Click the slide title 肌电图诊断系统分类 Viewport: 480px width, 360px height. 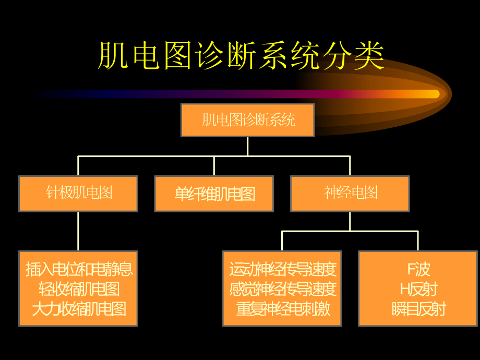(x=241, y=56)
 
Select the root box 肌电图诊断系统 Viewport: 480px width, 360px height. (x=248, y=121)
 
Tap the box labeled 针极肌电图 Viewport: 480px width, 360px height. (x=79, y=193)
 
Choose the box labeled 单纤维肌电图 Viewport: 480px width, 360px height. (x=214, y=194)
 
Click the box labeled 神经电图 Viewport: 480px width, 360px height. (x=350, y=193)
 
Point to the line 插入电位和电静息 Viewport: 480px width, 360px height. (x=79, y=269)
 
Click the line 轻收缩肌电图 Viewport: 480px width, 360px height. (x=79, y=289)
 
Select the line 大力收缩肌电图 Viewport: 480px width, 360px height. (x=79, y=308)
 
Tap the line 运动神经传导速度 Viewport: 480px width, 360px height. (x=282, y=269)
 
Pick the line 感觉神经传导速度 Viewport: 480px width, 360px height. (x=282, y=289)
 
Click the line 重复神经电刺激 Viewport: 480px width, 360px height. (x=282, y=308)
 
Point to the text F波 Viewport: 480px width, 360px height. (x=418, y=269)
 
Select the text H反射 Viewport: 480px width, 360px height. (x=418, y=289)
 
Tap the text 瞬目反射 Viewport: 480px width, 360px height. (x=418, y=308)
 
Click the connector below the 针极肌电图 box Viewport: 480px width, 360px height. (x=79, y=231)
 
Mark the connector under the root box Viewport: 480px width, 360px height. (x=248, y=146)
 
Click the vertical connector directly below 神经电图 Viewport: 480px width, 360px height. (x=350, y=221)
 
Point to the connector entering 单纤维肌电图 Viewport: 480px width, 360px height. (x=214, y=166)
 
